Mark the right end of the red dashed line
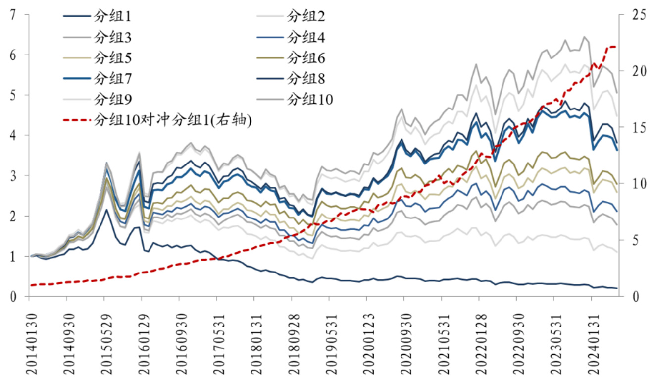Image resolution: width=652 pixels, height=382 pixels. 615,47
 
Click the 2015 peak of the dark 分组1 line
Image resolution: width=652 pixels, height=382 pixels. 106,210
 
